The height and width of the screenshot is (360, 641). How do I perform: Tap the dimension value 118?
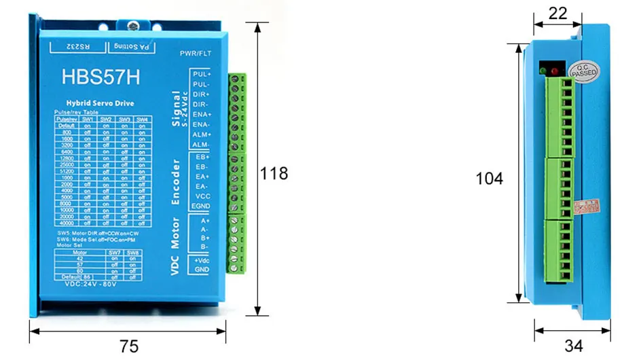[274, 173]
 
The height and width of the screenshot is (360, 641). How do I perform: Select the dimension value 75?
[128, 346]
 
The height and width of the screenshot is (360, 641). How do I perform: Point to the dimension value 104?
[489, 179]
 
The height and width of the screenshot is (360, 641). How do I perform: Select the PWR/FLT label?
[196, 54]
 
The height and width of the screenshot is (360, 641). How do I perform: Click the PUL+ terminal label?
[202, 73]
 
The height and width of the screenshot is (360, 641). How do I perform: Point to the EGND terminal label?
[202, 206]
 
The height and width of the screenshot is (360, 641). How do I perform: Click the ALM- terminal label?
[202, 145]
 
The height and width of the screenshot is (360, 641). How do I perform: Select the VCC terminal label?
[202, 196]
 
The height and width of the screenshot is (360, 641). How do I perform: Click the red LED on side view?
[555, 71]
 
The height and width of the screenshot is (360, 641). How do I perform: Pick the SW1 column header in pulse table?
[88, 120]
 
